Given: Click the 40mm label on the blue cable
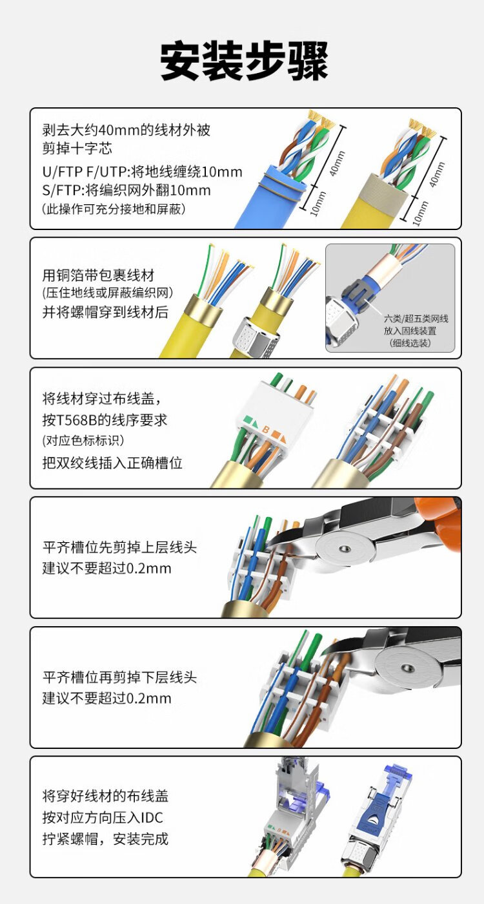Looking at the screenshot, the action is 338,163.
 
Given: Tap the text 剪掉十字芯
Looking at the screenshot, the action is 77,149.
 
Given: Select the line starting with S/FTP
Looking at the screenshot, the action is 126,190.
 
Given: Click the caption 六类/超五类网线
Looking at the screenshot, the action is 416,319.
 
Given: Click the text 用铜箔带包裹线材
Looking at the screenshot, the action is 99,275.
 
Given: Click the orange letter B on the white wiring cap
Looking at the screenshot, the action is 266,430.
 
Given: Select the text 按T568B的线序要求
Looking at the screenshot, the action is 105,420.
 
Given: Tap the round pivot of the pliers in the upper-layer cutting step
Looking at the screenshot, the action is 344,549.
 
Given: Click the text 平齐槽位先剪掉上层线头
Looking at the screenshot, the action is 119,547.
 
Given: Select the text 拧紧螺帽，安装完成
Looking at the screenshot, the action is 106,839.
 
